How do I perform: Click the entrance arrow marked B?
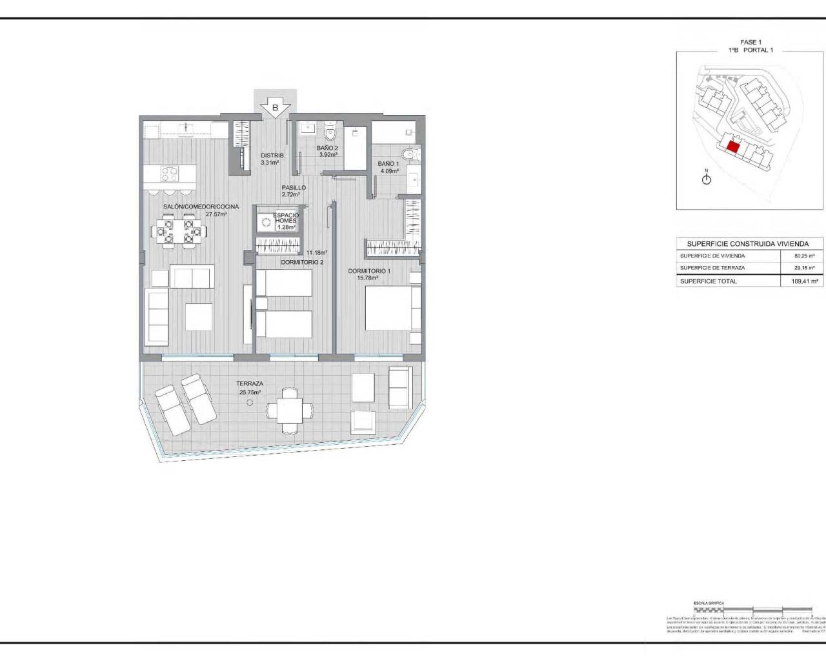(x=275, y=107)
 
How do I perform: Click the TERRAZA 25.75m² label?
(x=248, y=387)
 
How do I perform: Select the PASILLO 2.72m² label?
(x=293, y=191)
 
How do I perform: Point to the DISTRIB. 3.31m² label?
(x=270, y=159)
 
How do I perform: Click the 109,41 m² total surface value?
(x=804, y=281)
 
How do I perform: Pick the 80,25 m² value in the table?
(x=804, y=256)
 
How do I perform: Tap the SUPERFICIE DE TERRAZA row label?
(x=712, y=268)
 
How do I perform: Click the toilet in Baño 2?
(x=331, y=133)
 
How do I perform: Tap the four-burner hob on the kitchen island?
(x=170, y=174)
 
